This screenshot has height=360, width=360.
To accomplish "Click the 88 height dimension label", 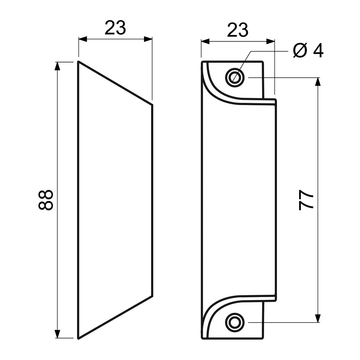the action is click(x=46, y=200).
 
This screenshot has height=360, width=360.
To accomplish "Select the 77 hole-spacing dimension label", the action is click(x=306, y=200).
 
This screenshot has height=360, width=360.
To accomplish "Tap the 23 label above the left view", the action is click(x=115, y=28).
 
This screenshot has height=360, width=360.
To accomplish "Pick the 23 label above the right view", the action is click(x=238, y=30).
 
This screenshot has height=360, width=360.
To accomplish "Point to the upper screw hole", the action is click(x=235, y=77).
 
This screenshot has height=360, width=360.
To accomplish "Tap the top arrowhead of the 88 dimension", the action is click(x=58, y=66).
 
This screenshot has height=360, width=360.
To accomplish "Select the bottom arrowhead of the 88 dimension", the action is click(x=58, y=334).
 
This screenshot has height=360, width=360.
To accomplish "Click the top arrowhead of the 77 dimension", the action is click(x=318, y=82).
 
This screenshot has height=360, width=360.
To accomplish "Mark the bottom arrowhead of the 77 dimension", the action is click(x=318, y=318).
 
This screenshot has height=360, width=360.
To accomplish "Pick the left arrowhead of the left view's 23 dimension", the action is click(x=83, y=39).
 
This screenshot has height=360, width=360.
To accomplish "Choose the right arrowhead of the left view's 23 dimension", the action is click(x=148, y=39).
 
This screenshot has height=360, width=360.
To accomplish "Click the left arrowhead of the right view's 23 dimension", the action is click(x=205, y=41).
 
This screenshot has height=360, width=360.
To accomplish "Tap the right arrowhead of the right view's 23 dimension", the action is click(x=270, y=41).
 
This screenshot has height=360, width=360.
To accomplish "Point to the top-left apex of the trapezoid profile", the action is click(x=79, y=62).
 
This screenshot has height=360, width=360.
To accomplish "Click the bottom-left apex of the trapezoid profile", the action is click(x=79, y=338).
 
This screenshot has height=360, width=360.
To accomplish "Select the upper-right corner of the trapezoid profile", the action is click(x=152, y=105).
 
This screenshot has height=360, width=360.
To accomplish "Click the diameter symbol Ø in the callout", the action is click(x=300, y=50).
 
